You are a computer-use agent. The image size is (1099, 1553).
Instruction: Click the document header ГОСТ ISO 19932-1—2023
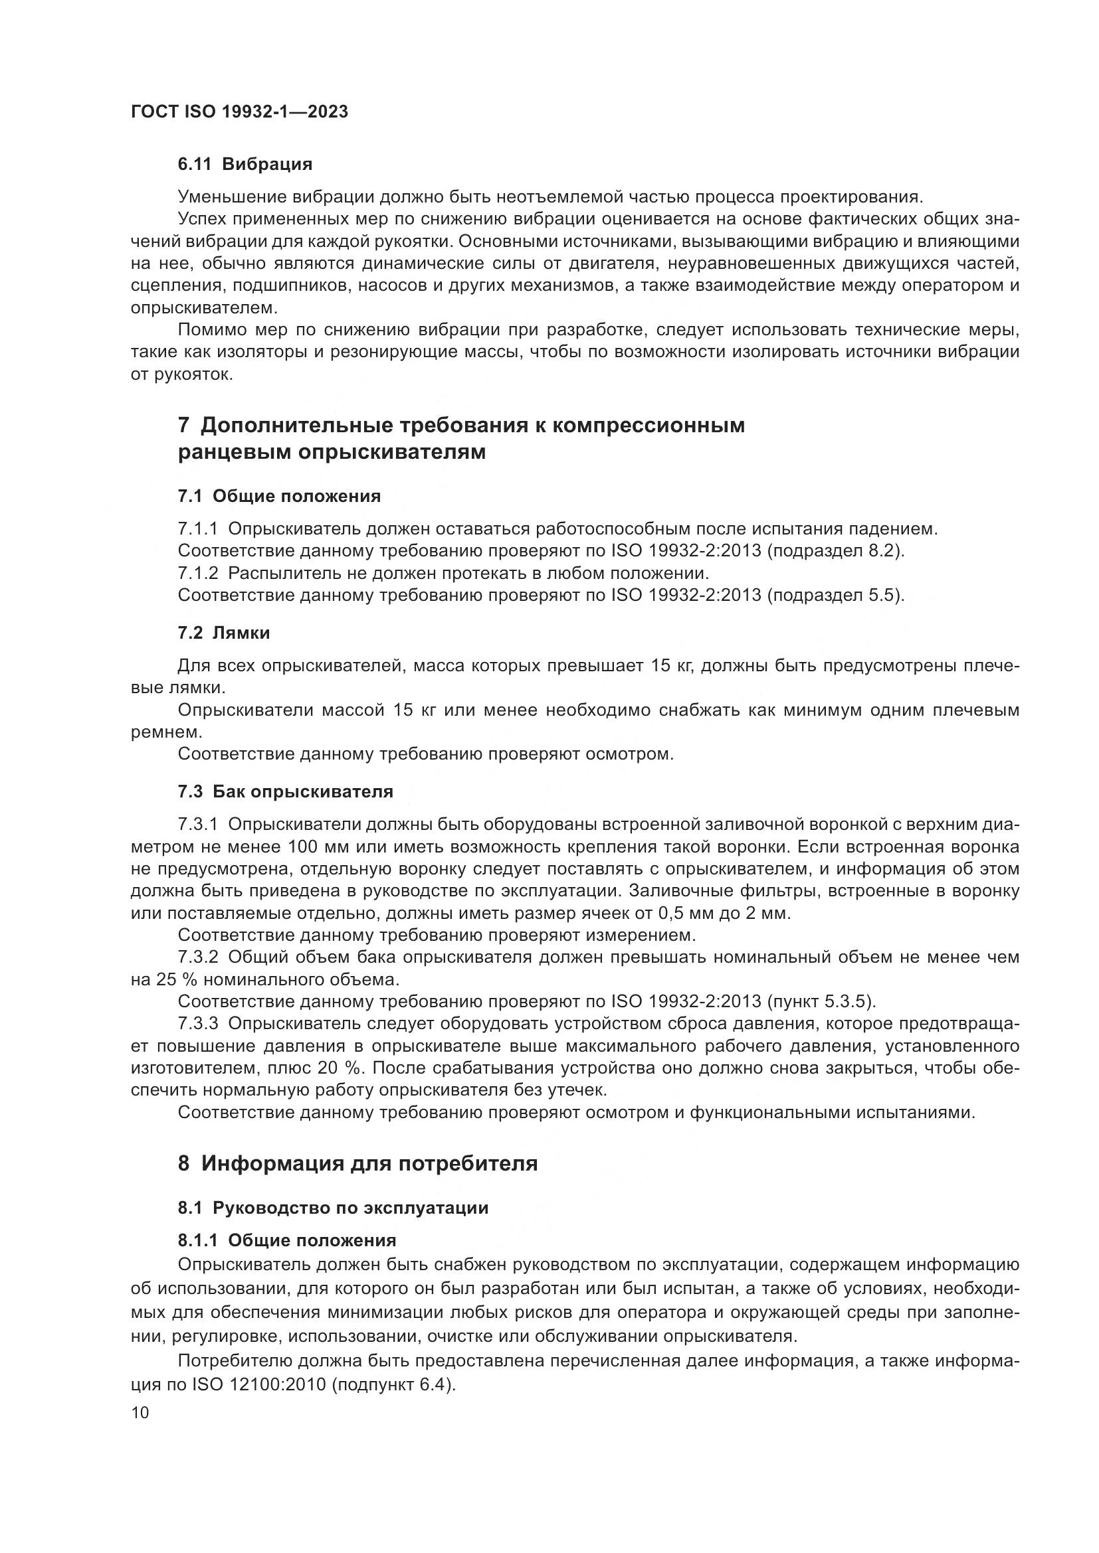pos(239,112)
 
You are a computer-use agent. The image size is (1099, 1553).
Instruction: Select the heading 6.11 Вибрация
pos(245,165)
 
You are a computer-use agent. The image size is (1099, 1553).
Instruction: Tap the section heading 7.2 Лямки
pos(224,633)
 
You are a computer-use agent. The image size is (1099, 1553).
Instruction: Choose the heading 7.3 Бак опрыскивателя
pos(286,791)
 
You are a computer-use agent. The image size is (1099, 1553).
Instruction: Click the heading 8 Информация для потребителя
pos(357,1163)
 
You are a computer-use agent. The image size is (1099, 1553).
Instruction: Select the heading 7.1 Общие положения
pos(279,497)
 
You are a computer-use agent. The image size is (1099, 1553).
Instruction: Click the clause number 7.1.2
pos(197,574)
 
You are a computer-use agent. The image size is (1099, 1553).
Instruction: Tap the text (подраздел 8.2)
pos(836,551)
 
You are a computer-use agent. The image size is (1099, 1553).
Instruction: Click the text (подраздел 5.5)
pos(836,596)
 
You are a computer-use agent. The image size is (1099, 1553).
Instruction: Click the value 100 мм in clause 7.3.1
pos(318,847)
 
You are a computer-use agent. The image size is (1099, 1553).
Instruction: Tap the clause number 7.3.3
pos(197,1024)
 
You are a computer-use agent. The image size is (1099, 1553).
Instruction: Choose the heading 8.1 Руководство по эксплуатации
pos(333,1207)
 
